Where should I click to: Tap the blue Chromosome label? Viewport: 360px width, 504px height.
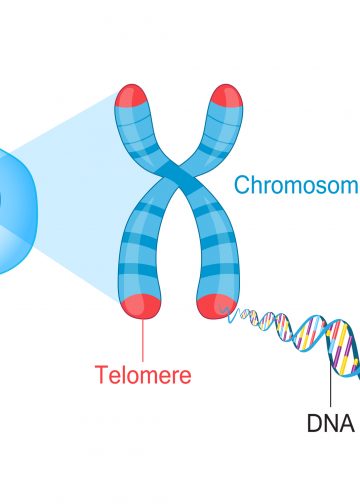tap(296, 184)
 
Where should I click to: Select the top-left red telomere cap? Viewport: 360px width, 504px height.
tap(135, 96)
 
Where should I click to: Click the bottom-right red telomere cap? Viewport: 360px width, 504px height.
tap(215, 304)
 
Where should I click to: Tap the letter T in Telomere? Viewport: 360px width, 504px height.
tap(101, 376)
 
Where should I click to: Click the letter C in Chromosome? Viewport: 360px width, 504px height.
tap(242, 184)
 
